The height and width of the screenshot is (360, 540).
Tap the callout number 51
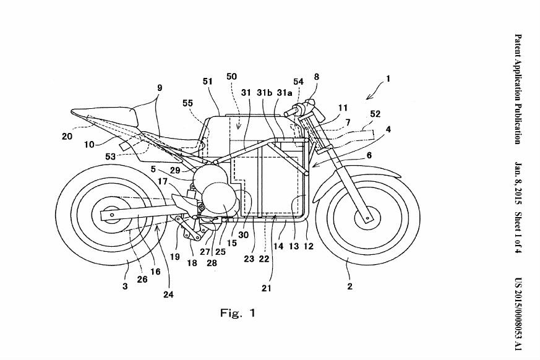tap(208, 80)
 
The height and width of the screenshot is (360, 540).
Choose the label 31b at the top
tap(265, 92)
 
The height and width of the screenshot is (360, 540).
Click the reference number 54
tap(298, 82)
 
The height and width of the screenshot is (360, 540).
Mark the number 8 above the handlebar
tap(317, 77)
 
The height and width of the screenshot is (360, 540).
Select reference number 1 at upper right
tap(388, 79)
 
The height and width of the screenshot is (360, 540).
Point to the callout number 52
tap(375, 114)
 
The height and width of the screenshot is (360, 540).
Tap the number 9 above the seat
tap(159, 89)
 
